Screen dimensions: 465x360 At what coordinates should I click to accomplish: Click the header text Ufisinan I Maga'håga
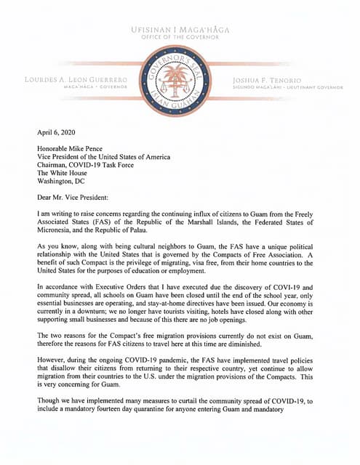coord(179,29)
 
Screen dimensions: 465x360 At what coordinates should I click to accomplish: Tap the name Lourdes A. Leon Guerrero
coord(77,78)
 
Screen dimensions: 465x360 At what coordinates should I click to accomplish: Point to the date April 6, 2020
coord(57,134)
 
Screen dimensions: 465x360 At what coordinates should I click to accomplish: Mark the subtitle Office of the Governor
coord(179,37)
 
